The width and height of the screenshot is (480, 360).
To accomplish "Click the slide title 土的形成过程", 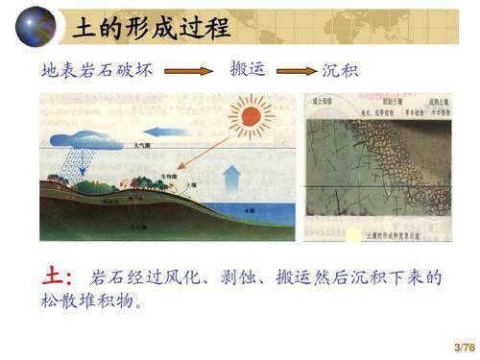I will coord(152,28).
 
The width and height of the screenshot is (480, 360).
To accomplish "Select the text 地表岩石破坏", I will coord(102,70).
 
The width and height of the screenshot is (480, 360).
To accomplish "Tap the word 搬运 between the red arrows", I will coord(248,69).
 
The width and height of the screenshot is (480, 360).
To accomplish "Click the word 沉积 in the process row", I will coord(340,71).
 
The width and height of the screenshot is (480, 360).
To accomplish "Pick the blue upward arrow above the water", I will coord(231,181).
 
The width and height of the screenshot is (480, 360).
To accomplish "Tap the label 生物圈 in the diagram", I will coord(168,177).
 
